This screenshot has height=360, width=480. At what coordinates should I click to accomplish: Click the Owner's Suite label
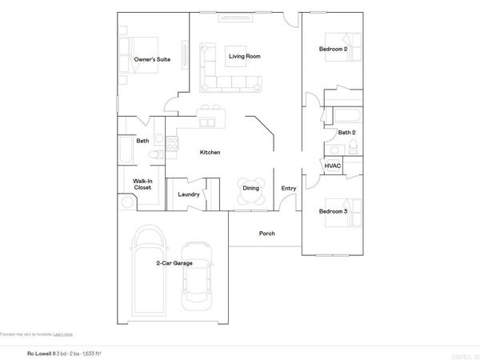151,60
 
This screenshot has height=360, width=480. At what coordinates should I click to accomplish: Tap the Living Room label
245,57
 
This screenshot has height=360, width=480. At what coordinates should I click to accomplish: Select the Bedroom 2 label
334,50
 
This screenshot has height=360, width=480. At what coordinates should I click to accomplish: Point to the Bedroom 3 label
334,211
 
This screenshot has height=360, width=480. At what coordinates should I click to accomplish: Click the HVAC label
333,166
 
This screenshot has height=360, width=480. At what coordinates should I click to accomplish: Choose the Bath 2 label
346,133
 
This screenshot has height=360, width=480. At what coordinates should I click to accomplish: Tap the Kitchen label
210,153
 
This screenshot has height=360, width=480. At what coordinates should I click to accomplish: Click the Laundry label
189,194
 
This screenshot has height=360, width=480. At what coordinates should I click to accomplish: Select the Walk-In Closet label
142,184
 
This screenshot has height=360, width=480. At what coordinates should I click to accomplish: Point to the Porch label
267,234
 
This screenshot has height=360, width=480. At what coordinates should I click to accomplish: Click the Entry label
288,189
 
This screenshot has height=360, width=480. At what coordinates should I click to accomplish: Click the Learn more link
63,334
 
